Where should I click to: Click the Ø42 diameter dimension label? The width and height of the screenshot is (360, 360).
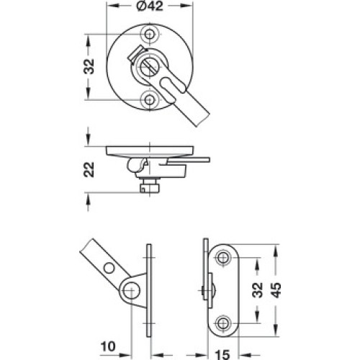[150, 6]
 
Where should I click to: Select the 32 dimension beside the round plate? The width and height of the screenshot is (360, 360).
[89, 66]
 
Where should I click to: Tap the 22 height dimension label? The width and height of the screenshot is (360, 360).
[89, 170]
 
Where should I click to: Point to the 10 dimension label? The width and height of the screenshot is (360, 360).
[108, 346]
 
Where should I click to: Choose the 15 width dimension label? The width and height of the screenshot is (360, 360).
[222, 355]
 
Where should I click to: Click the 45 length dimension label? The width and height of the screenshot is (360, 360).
[276, 290]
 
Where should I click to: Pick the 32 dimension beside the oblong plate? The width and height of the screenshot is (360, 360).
[258, 290]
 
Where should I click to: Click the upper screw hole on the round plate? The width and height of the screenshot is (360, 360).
[150, 34]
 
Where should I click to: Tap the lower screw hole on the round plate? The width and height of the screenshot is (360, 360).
[150, 99]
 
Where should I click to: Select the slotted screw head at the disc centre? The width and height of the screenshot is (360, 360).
[148, 66]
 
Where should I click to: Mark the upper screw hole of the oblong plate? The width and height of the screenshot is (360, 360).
[223, 258]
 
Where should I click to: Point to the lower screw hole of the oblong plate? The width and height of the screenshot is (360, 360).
[223, 323]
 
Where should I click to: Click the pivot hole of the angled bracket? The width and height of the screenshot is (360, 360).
[131, 290]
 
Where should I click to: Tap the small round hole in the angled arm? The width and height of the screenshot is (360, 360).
[109, 269]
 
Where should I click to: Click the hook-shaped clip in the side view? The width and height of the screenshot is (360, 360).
[137, 165]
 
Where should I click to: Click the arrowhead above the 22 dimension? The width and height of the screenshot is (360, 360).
[89, 140]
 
